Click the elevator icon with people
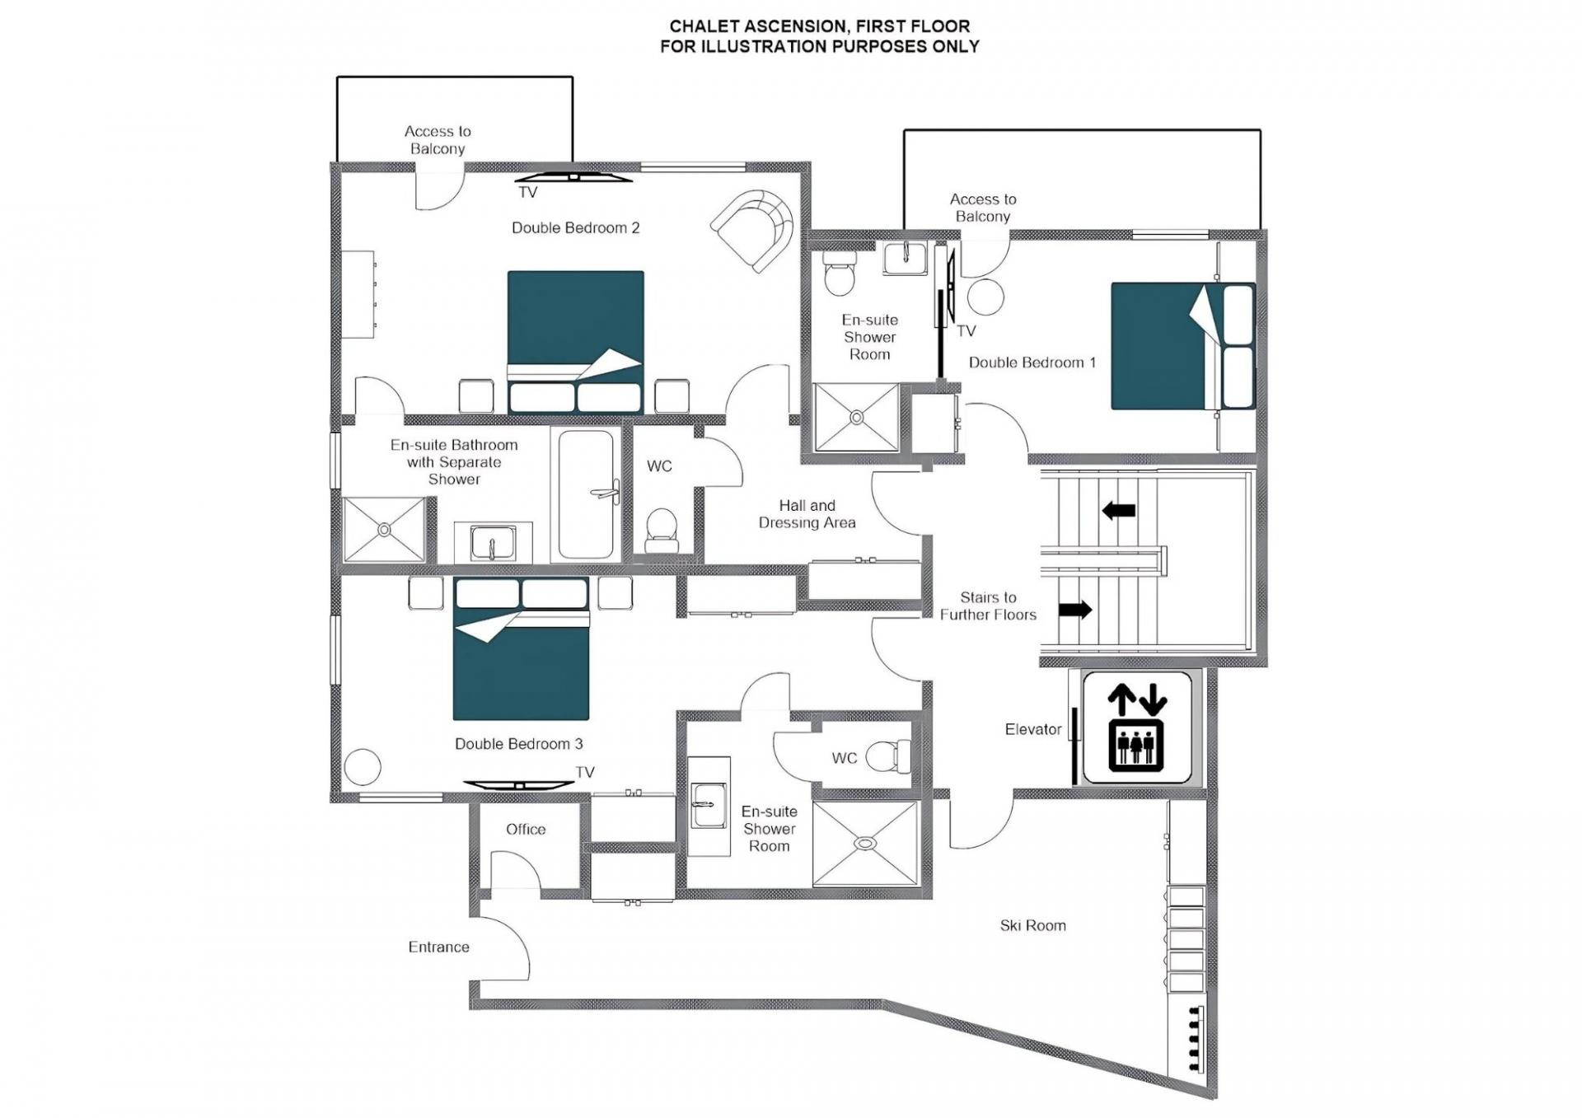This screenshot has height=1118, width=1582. (1137, 727)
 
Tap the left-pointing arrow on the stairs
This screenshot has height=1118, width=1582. (1119, 511)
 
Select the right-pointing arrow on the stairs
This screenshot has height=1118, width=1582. (1075, 610)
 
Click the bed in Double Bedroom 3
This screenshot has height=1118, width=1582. (522, 648)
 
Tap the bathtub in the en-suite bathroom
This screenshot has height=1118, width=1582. (587, 494)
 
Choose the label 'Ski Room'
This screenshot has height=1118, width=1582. (1032, 925)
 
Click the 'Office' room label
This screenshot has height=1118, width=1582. (526, 829)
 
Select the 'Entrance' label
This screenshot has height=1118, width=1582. (438, 947)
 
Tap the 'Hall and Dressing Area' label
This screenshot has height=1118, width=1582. (807, 514)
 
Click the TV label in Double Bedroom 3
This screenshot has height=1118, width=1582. (585, 772)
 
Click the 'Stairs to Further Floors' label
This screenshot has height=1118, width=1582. (988, 606)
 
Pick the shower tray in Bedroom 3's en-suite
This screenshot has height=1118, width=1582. (865, 843)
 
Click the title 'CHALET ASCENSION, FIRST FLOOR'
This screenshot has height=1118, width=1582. (820, 26)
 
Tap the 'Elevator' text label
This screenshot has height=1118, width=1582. (1033, 729)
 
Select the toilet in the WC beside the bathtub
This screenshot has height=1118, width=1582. (662, 530)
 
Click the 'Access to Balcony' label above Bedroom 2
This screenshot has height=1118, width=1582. (438, 140)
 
